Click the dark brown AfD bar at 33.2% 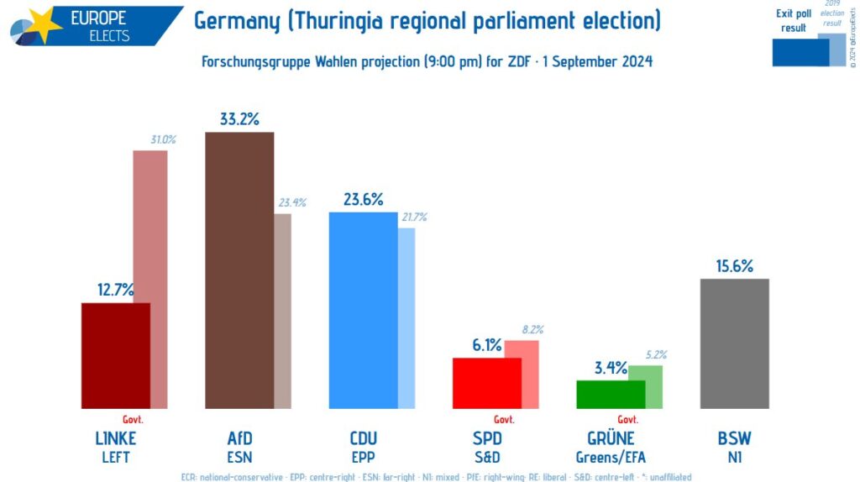tap(239, 269)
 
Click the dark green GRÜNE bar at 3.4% tap(611, 394)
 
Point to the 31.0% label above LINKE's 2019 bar tap(163, 140)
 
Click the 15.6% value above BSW tap(734, 266)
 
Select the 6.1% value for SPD tap(487, 345)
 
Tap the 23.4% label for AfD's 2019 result tap(292, 202)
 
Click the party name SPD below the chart tap(487, 438)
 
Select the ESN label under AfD tap(239, 458)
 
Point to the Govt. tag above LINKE tap(134, 420)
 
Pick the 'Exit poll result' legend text tap(793, 21)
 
